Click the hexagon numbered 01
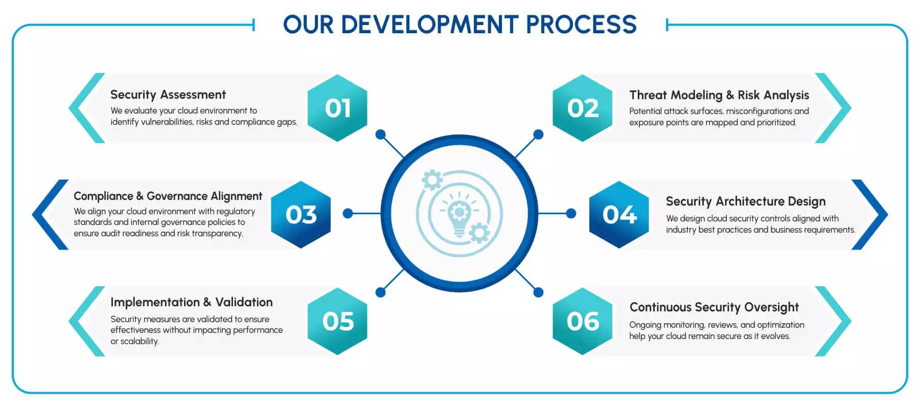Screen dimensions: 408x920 pyautogui.click(x=337, y=108)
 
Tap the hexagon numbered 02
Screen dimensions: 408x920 pyautogui.click(x=583, y=108)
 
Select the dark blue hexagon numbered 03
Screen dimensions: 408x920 pyautogui.click(x=301, y=214)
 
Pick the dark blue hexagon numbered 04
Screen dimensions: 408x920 pyautogui.click(x=619, y=214)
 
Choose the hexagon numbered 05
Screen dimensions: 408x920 pyautogui.click(x=337, y=321)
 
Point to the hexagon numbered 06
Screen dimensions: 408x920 pyautogui.click(x=583, y=321)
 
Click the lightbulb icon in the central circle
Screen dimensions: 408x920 pyautogui.click(x=459, y=215)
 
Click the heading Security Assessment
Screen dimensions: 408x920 pyautogui.click(x=168, y=95)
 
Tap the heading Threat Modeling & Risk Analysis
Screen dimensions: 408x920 pyautogui.click(x=719, y=95)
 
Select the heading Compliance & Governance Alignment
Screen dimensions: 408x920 pyautogui.click(x=168, y=196)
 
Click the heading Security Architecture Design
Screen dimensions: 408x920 pyautogui.click(x=745, y=201)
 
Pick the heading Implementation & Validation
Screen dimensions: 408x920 pyautogui.click(x=191, y=302)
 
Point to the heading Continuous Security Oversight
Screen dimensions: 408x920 pyautogui.click(x=714, y=307)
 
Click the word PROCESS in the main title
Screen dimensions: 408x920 pyautogui.click(x=581, y=25)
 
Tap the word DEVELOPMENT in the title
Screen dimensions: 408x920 pyautogui.click(x=429, y=25)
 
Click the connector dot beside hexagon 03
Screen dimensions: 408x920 pyautogui.click(x=348, y=213)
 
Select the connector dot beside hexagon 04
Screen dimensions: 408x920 pyautogui.click(x=571, y=213)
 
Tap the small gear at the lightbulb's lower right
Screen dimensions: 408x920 pyautogui.click(x=479, y=233)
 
